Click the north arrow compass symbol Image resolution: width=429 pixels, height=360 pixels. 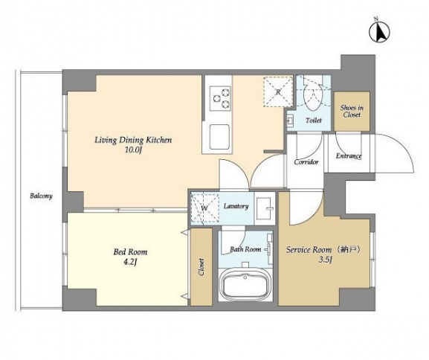coord(379,31)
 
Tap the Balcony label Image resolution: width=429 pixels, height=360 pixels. coord(41,196)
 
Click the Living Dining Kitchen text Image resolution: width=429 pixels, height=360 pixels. coord(133,140)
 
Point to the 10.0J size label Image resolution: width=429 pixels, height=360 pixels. coord(133,150)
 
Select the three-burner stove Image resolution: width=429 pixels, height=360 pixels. coord(219,98)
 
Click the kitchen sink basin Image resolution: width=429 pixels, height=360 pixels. coord(219,137)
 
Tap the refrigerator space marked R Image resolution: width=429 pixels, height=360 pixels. coord(278,91)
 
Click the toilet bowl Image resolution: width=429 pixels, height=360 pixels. coord(314,97)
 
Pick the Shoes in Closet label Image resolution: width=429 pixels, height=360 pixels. coord(352,111)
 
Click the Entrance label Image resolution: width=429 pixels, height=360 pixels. coord(349,156)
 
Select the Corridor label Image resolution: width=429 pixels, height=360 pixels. coord(306,162)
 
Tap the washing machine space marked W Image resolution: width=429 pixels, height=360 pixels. coord(204,208)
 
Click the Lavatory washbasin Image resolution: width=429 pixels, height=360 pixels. coord(265,208)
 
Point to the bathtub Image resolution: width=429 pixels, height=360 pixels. coord(245,286)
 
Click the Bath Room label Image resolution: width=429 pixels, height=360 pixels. coord(245,249)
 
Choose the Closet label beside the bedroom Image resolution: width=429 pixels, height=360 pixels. coord(201,267)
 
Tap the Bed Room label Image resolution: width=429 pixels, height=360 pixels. coord(130,252)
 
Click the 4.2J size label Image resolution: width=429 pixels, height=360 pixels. coord(130,262)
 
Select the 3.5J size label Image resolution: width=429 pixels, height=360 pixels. coord(326,260)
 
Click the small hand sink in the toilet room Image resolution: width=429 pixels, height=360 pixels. coord(290,120)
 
